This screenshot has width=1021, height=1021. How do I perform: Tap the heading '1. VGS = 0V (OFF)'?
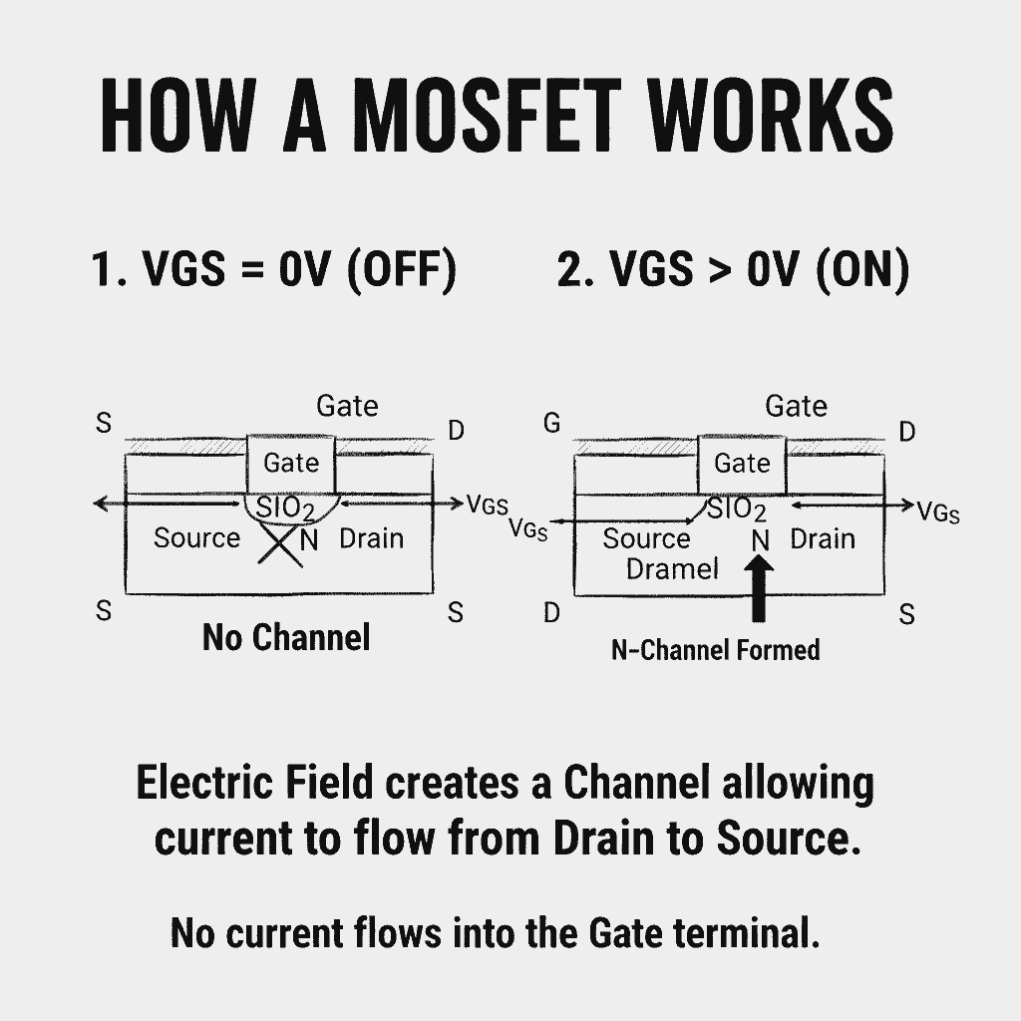273,270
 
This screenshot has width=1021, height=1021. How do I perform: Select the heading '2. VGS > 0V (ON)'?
733,270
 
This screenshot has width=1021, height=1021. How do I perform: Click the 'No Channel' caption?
286,637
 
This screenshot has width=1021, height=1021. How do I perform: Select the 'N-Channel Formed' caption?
715,650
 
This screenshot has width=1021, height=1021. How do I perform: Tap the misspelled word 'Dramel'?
672,569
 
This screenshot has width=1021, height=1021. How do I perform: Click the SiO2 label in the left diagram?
285,508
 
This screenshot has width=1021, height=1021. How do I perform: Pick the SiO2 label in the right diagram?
737,510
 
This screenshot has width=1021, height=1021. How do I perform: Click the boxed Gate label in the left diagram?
291,463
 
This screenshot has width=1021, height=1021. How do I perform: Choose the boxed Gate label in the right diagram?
742,464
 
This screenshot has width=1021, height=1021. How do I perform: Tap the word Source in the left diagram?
196,538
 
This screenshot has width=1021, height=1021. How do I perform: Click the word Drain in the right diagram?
823,539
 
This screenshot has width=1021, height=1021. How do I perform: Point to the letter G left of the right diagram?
551,424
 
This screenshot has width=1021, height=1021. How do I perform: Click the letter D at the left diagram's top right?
456,431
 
